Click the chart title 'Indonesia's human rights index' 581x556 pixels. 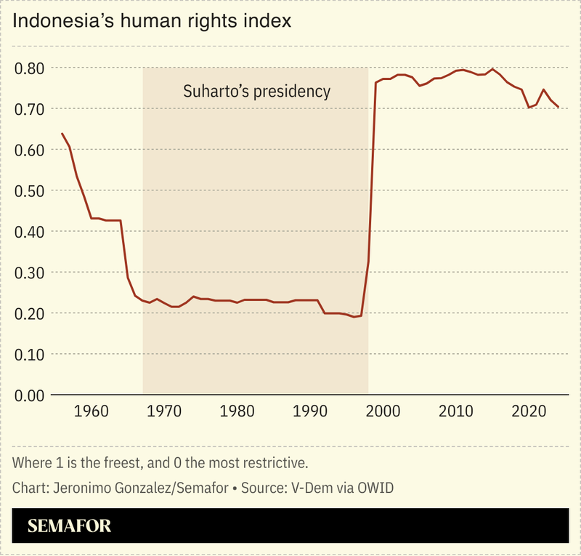[152, 21]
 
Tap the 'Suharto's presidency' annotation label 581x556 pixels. [256, 92]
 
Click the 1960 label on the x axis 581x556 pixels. [91, 411]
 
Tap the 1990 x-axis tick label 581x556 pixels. [310, 411]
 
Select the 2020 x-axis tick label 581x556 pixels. [529, 411]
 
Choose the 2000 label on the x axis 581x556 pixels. [383, 411]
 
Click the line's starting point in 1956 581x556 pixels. [62, 134]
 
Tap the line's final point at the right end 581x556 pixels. [558, 107]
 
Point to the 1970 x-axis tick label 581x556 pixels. [164, 411]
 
